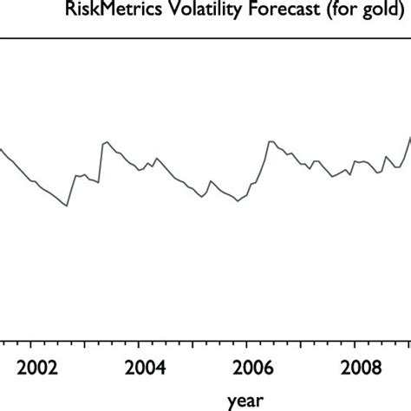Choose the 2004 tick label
click(143, 365)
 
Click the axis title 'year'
click(242, 400)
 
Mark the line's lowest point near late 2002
click(67, 206)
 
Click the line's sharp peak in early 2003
click(107, 140)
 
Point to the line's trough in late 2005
click(237, 201)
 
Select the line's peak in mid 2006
click(270, 140)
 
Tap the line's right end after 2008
click(410, 137)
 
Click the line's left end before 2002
click(1, 149)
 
